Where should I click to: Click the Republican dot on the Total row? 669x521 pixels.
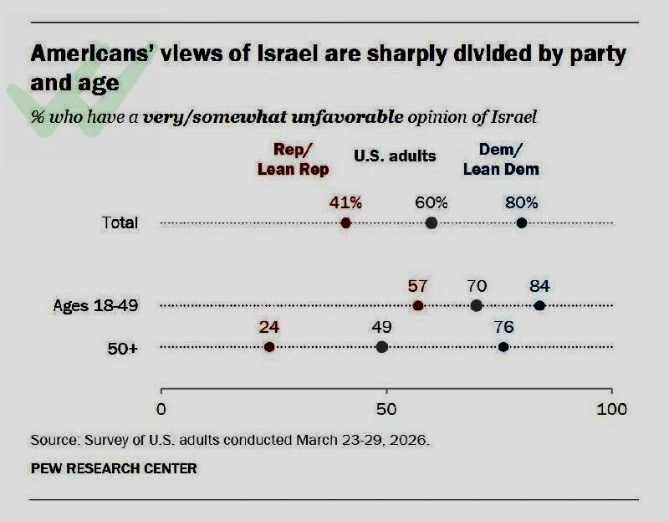[345, 223]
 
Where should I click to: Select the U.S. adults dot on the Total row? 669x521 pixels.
[432, 223]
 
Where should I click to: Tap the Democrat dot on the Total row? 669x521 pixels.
[522, 223]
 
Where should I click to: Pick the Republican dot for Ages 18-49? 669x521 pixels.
[418, 305]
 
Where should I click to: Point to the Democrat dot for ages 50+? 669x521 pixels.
[503, 347]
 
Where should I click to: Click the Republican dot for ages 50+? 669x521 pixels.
[269, 347]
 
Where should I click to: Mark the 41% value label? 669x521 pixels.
[345, 202]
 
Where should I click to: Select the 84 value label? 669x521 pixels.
[539, 286]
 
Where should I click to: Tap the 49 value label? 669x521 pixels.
[382, 328]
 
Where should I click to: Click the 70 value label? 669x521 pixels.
[477, 286]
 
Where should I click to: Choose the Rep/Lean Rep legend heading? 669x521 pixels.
[293, 159]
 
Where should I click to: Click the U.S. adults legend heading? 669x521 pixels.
[395, 156]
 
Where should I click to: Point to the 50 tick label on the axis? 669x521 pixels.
[386, 410]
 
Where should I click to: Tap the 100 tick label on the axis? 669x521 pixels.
[611, 410]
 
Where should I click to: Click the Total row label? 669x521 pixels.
[120, 223]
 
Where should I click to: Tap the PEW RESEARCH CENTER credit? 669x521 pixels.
[114, 468]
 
